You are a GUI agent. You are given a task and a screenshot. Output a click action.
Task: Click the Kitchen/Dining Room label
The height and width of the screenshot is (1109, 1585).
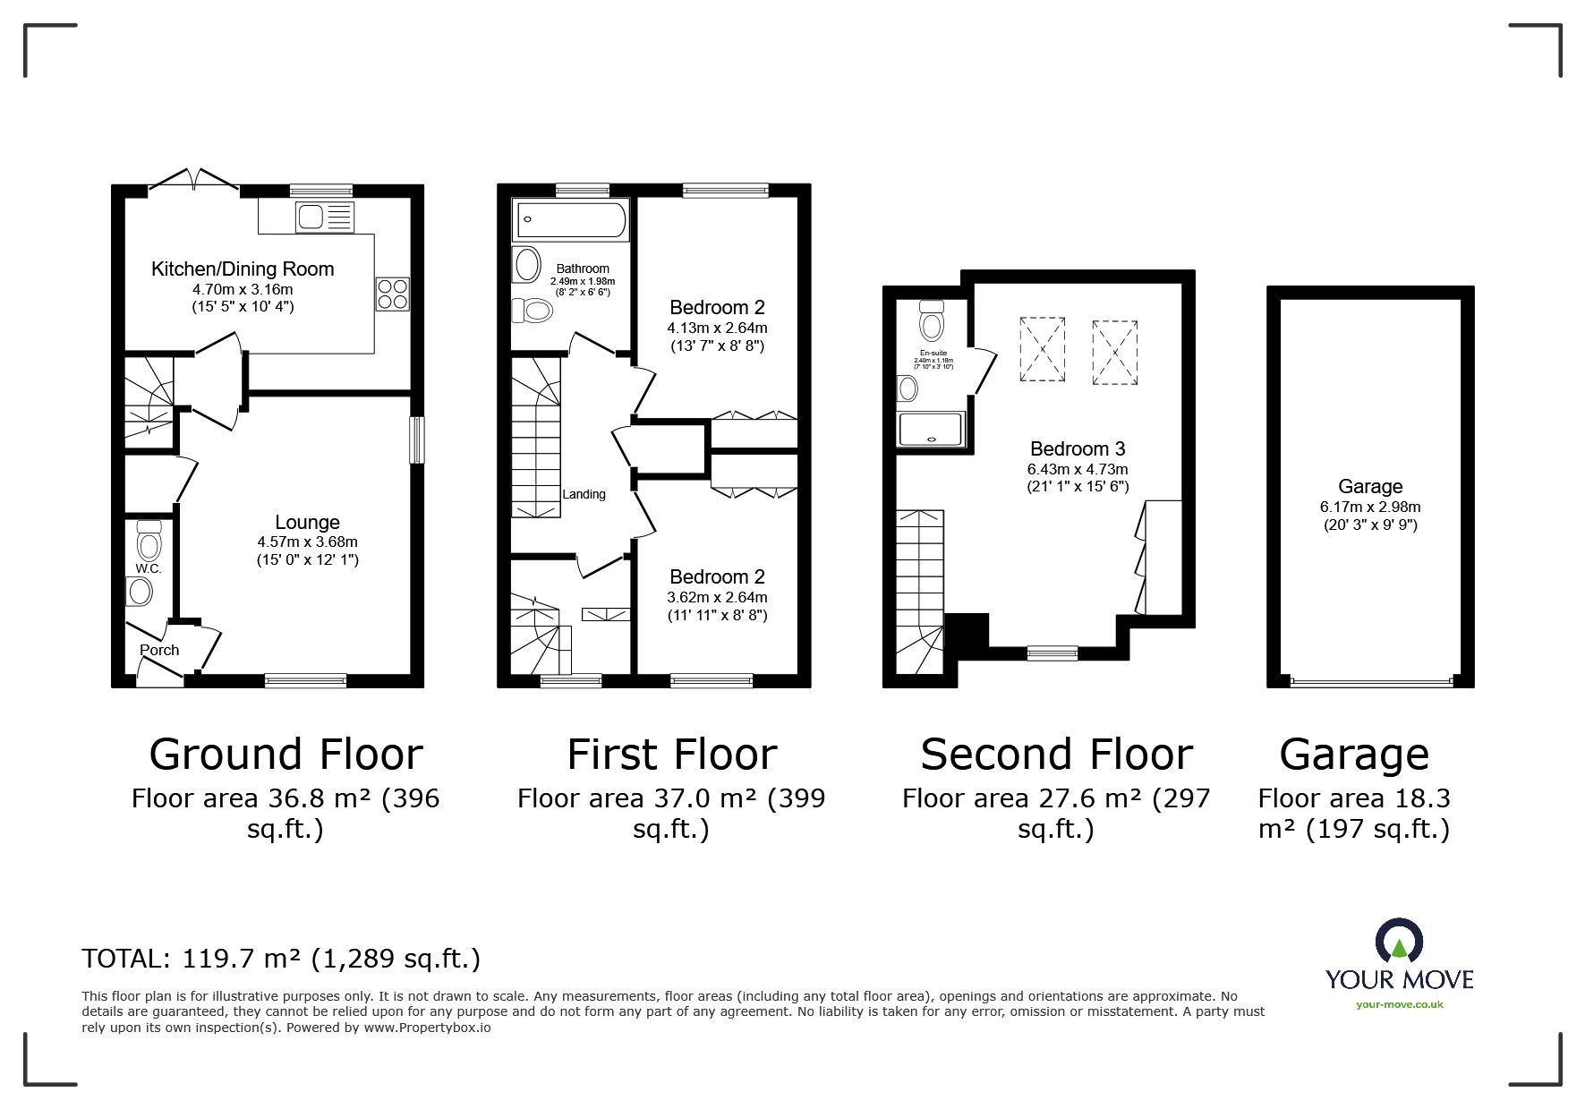[x=243, y=269]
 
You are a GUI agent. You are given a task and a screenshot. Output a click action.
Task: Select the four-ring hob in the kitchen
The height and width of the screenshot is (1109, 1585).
[x=393, y=294]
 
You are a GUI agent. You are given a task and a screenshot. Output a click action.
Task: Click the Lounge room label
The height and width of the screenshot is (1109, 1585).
[x=307, y=523]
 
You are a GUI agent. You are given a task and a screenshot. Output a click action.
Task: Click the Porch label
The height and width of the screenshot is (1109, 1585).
[x=159, y=651]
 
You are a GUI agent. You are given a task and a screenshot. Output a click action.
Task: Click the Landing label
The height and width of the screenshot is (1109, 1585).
[x=584, y=494]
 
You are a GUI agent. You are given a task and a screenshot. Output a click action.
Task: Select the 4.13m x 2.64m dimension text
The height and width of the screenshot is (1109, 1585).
[x=717, y=328]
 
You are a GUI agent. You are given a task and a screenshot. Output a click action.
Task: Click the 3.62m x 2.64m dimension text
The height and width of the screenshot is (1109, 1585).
[x=717, y=597]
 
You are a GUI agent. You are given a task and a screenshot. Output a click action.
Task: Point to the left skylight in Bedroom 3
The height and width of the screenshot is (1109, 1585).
[x=1042, y=349]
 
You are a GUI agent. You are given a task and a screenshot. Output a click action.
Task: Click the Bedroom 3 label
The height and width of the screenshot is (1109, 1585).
[x=1078, y=449]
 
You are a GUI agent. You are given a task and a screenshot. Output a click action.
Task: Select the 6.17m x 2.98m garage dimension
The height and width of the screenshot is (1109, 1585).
[x=1370, y=507]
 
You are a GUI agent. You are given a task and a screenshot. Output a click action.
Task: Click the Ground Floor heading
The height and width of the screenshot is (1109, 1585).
[x=285, y=755]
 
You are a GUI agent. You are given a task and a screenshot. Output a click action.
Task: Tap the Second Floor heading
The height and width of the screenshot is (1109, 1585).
[x=1056, y=755]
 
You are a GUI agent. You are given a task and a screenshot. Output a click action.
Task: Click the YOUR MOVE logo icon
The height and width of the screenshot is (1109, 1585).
[x=1399, y=943]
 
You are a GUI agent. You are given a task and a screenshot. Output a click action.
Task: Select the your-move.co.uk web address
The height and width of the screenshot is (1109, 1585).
[x=1400, y=1004]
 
